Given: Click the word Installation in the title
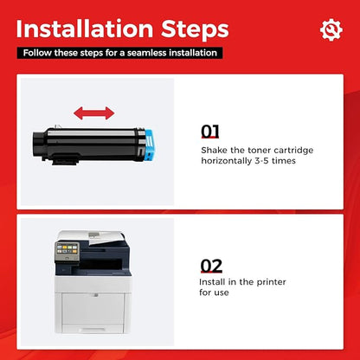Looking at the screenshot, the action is [x=85, y=29].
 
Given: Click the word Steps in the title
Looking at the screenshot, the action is [x=195, y=29].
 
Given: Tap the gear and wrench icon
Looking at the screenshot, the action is [x=331, y=29].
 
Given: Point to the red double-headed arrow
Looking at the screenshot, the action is [x=94, y=113].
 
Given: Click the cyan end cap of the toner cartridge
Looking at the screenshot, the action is [x=150, y=145].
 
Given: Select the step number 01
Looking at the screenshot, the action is [x=210, y=132].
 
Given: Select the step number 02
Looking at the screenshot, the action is [x=211, y=266].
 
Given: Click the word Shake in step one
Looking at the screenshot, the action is [x=214, y=151].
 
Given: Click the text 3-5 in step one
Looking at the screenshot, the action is [x=262, y=161].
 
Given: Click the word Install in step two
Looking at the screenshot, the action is [x=212, y=282].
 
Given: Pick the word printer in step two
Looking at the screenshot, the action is [x=271, y=282].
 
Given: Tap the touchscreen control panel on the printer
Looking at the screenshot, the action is [x=67, y=248].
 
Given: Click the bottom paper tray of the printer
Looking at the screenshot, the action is [x=93, y=328].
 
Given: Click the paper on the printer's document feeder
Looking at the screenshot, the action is [x=104, y=238].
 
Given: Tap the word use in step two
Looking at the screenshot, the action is [x=222, y=293].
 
